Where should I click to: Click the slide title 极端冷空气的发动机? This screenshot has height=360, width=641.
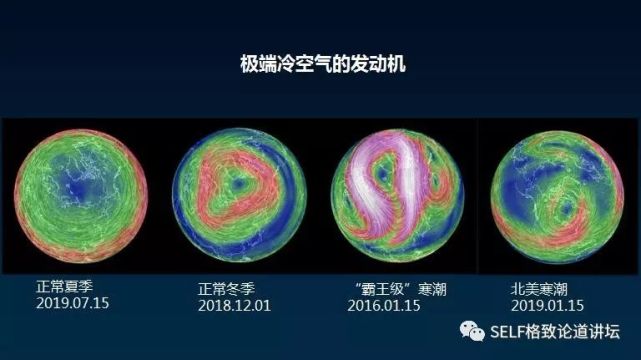coord(321,65)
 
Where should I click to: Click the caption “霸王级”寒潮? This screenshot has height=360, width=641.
coord(399,288)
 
